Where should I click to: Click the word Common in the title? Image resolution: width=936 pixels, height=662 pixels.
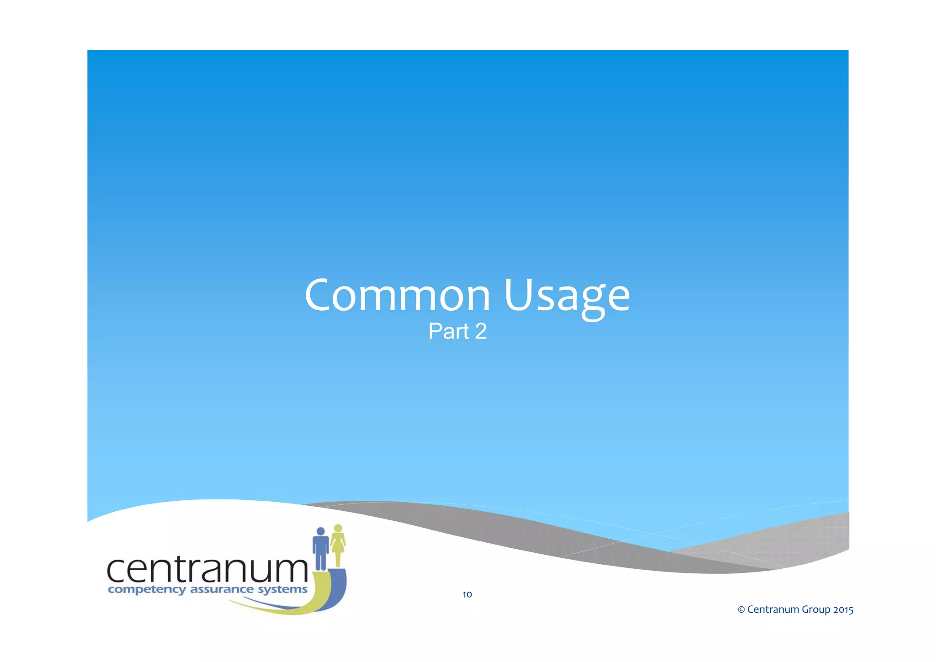397,296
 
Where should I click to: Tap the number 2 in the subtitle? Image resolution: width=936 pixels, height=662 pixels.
481,331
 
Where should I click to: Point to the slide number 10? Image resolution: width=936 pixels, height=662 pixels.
467,594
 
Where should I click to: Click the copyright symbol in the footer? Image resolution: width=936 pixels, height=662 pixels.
741,609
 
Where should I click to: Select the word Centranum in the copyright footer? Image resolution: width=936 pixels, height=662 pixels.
773,609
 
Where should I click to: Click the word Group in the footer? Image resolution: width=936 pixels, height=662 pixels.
816,610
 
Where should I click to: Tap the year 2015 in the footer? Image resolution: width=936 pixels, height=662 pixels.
843,609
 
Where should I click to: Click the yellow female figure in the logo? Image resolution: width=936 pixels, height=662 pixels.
338,546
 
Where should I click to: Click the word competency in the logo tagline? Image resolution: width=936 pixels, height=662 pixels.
147,590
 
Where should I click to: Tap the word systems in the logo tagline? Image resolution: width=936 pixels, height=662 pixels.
282,589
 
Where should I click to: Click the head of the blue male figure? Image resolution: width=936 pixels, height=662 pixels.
321,531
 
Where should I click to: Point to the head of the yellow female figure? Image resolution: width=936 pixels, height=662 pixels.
338,528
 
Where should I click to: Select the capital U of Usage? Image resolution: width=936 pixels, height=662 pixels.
518,295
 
